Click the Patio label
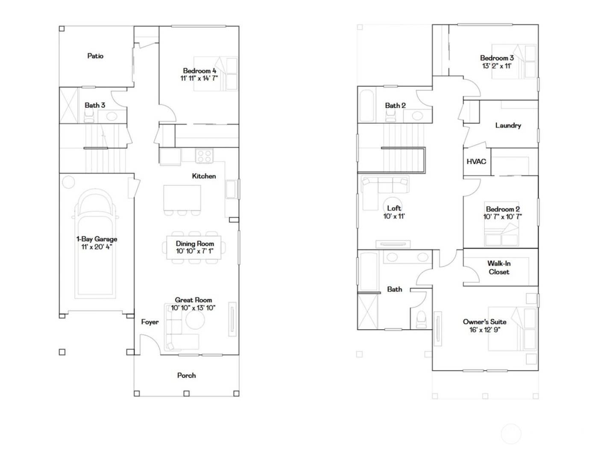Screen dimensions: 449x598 pyautogui.click(x=95, y=56)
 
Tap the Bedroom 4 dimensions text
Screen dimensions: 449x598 pyautogui.click(x=199, y=78)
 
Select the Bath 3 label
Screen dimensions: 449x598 pyautogui.click(x=94, y=105)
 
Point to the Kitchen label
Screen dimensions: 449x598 pyautogui.click(x=204, y=176)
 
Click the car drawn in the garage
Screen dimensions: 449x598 pyautogui.click(x=96, y=244)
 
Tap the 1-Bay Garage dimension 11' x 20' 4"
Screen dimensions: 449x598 pyautogui.click(x=97, y=247)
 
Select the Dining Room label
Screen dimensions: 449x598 pyautogui.click(x=195, y=244)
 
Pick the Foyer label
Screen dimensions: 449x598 pyautogui.click(x=150, y=322)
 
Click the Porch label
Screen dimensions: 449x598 pyautogui.click(x=186, y=375)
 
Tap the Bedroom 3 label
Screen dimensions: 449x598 pyautogui.click(x=497, y=58)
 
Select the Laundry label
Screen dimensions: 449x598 pyautogui.click(x=508, y=126)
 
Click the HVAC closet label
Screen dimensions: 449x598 pyautogui.click(x=476, y=162)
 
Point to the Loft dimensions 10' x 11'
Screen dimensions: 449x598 pyautogui.click(x=394, y=216)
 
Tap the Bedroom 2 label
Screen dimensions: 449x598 pyautogui.click(x=503, y=210)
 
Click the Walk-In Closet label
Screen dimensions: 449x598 pyautogui.click(x=499, y=268)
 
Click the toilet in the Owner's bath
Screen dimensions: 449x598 pyautogui.click(x=421, y=318)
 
